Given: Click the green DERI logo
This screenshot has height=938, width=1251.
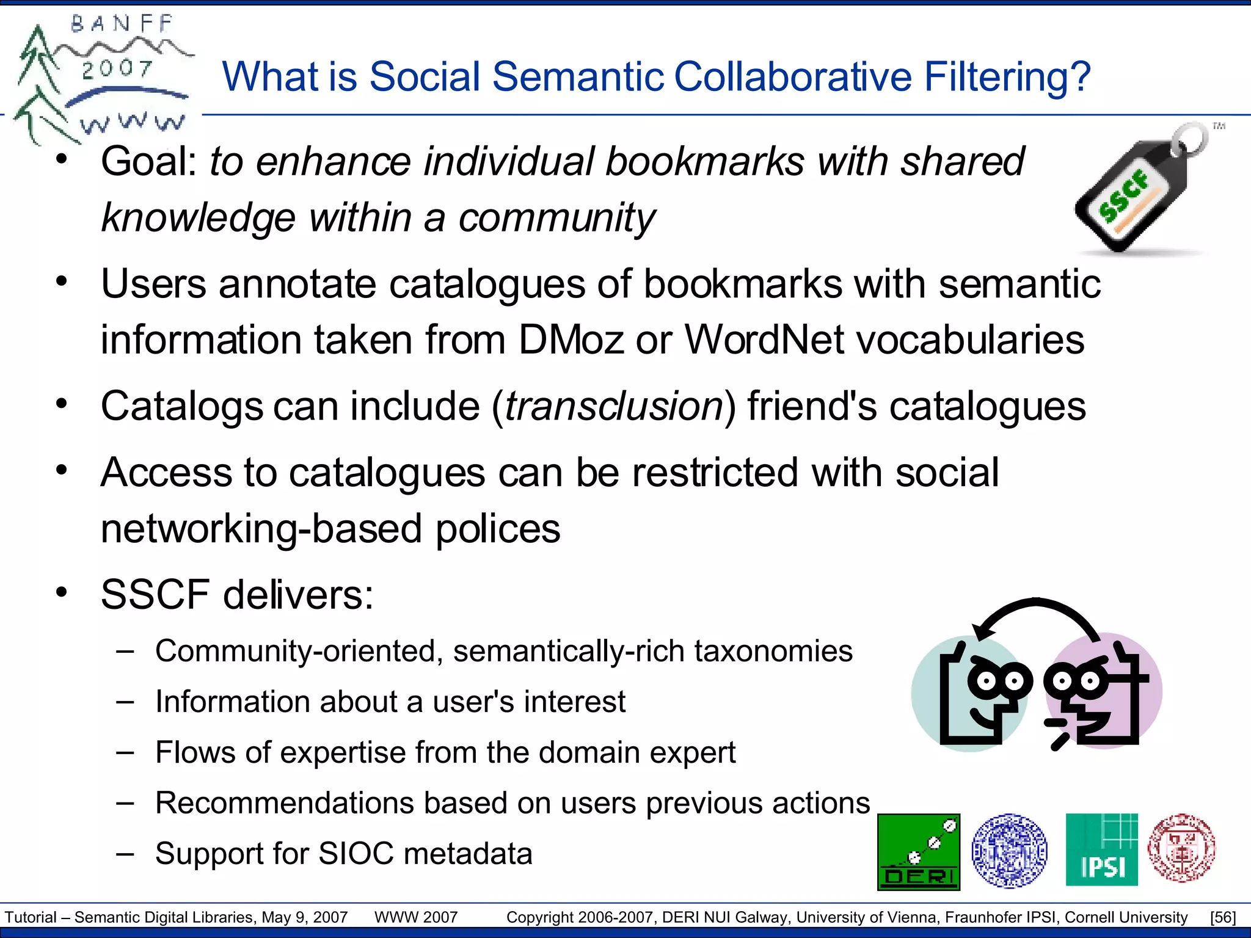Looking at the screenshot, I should pyautogui.click(x=919, y=852).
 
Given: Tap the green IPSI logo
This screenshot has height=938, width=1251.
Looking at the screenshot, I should pyautogui.click(x=1101, y=849).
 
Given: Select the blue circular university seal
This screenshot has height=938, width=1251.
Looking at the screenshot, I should pyautogui.click(x=1009, y=850).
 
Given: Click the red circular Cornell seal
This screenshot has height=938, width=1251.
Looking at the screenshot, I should pyautogui.click(x=1181, y=848).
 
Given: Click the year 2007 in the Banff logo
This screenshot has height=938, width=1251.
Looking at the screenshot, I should pyautogui.click(x=117, y=68).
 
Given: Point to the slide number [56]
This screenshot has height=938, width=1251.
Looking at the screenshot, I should pyautogui.click(x=1222, y=917).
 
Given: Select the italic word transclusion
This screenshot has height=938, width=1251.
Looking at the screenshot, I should pyautogui.click(x=614, y=407).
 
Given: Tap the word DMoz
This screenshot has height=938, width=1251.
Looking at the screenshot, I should pyautogui.click(x=571, y=340).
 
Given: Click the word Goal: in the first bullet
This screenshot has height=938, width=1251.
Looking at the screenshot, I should pyautogui.click(x=149, y=162).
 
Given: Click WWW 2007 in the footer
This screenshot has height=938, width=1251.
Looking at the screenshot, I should pyautogui.click(x=416, y=917).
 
